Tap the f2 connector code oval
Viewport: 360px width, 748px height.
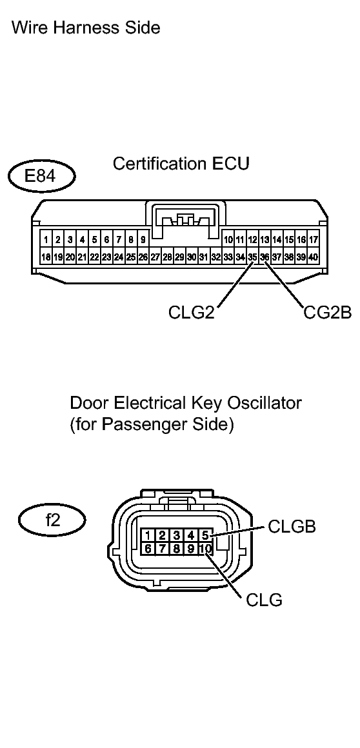point(53,520)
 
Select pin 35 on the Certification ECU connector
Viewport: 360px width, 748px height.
point(252,257)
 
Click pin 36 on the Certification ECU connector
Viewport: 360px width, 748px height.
point(265,257)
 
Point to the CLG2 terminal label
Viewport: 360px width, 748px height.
point(191,313)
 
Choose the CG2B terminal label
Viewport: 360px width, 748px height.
point(327,313)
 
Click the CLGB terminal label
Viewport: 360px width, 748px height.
point(292,527)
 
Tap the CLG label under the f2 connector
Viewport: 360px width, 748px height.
point(264,600)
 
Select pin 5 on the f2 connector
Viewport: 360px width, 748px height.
point(205,535)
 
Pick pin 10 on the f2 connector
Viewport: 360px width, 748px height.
point(205,549)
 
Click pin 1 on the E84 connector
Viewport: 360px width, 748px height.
point(46,240)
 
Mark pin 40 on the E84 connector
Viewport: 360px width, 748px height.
point(314,257)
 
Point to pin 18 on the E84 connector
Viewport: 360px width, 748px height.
point(46,257)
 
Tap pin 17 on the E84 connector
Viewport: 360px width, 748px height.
point(314,240)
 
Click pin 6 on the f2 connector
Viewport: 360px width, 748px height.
point(148,549)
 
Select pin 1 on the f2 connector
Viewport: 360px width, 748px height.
point(148,535)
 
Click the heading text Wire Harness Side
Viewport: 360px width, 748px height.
point(86,28)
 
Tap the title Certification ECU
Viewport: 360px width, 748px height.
point(181,164)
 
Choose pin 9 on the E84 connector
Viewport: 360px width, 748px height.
point(143,240)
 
